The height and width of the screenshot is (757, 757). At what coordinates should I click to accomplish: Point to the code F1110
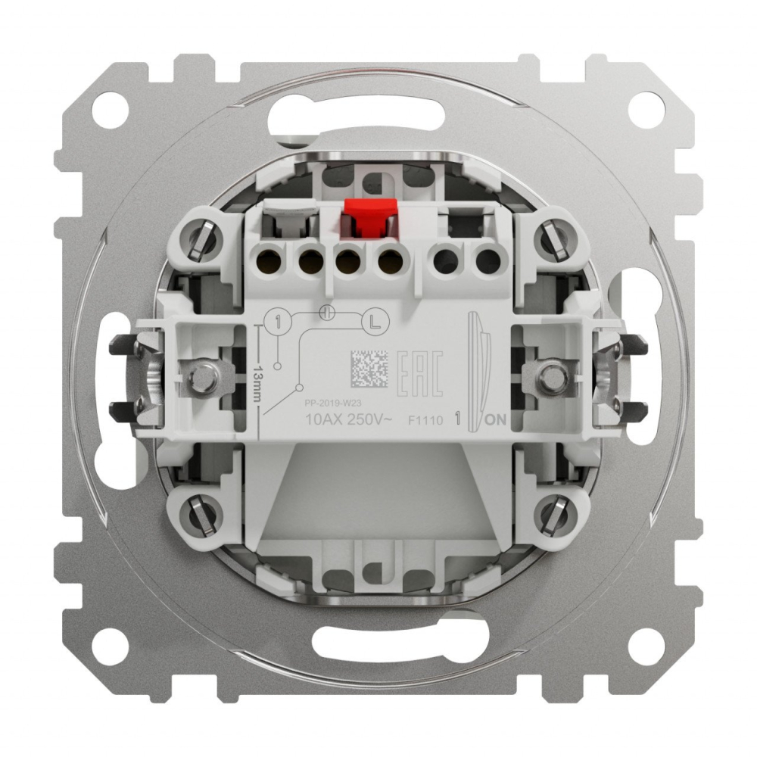click(425, 421)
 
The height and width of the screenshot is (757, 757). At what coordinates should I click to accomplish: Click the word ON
click(497, 421)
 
